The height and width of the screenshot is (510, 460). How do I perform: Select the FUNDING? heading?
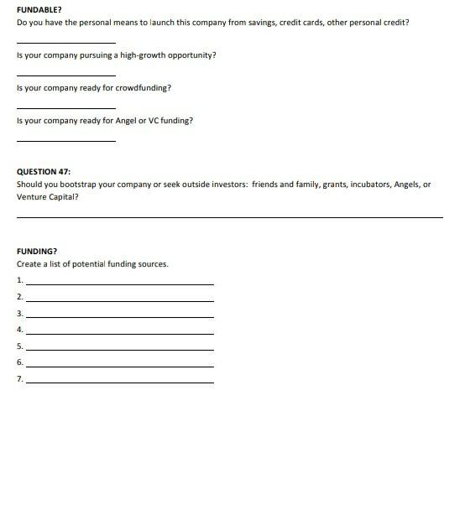coord(37,251)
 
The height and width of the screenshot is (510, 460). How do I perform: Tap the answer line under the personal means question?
coord(65,42)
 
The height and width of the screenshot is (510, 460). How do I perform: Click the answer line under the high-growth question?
coord(65,75)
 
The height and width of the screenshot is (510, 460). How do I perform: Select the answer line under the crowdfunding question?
coord(65,107)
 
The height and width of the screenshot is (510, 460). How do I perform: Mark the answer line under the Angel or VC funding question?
coord(65,140)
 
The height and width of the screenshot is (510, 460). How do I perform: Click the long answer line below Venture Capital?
coord(229,217)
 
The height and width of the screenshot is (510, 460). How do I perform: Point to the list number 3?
coord(20,313)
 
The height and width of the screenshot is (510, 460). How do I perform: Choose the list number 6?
coord(20,362)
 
